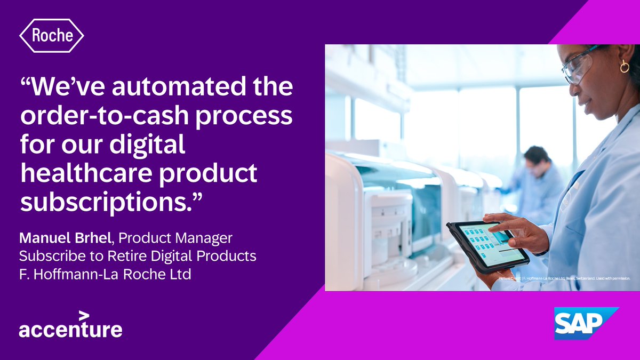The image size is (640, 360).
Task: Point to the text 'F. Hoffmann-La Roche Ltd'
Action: pyautogui.click(x=105, y=275)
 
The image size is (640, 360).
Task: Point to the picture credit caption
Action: pyautogui.click(x=564, y=278)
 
